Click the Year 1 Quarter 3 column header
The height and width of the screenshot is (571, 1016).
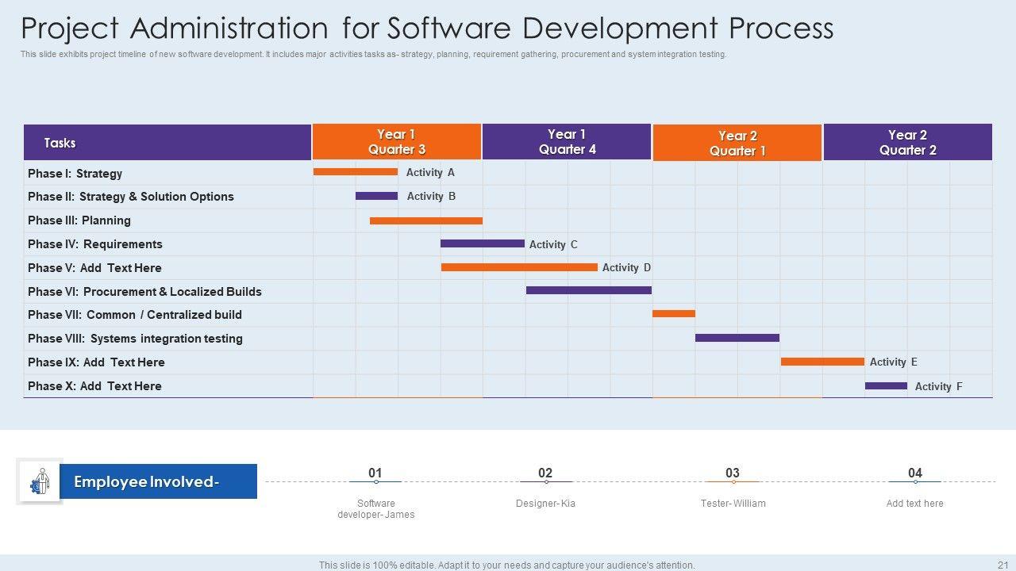pyautogui.click(x=397, y=142)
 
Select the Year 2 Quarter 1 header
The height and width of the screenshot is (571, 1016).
pyautogui.click(x=737, y=143)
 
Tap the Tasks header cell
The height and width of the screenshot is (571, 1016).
pyautogui.click(x=167, y=143)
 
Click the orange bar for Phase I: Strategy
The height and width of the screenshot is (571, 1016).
pyautogui.click(x=355, y=172)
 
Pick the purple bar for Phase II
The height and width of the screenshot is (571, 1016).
pyautogui.click(x=376, y=196)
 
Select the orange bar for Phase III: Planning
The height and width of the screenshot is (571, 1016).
pyautogui.click(x=425, y=220)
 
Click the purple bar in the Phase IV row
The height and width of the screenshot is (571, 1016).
pyautogui.click(x=482, y=243)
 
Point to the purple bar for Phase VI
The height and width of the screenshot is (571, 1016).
pyautogui.click(x=588, y=290)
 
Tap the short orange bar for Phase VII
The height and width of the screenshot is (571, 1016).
pyautogui.click(x=673, y=314)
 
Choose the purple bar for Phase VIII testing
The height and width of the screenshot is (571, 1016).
pyautogui.click(x=737, y=338)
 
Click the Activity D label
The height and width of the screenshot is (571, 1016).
pyautogui.click(x=626, y=267)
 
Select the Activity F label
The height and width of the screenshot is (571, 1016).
pyautogui.click(x=938, y=386)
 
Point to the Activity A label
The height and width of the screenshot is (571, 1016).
pyautogui.click(x=430, y=172)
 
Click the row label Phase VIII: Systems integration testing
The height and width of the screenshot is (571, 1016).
pyautogui.click(x=135, y=339)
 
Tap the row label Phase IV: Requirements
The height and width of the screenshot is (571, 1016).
pyautogui.click(x=95, y=244)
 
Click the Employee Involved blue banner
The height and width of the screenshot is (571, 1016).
pyautogui.click(x=158, y=481)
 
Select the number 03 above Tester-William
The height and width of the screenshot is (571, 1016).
pyautogui.click(x=732, y=473)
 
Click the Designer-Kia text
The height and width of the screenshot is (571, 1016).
pyautogui.click(x=545, y=504)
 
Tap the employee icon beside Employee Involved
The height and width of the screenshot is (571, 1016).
pyautogui.click(x=39, y=481)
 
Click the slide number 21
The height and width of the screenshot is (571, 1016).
pyautogui.click(x=1002, y=565)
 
